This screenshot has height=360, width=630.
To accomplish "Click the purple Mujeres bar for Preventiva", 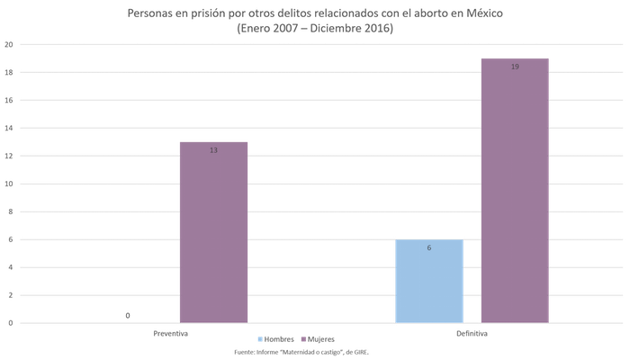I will point(213,231).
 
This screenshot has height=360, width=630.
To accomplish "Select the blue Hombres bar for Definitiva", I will point(429,281).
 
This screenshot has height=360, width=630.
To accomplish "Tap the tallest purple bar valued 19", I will point(514,189).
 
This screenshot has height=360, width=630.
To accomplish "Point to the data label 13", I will point(213,150).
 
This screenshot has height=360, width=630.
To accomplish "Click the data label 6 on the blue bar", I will point(429,247).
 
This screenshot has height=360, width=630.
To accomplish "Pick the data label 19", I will point(514,67).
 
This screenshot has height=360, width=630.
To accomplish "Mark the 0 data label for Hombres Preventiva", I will point(129,315).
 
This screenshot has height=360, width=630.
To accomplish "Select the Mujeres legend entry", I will point(321,339).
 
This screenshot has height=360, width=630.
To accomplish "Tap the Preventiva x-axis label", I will point(171,332).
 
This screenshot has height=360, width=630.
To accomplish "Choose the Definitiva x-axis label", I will point(472,332).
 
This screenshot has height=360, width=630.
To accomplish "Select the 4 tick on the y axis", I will point(8,267).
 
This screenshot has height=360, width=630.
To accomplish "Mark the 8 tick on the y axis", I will point(8,211).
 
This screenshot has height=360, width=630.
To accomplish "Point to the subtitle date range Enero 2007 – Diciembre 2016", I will point(315,29).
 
